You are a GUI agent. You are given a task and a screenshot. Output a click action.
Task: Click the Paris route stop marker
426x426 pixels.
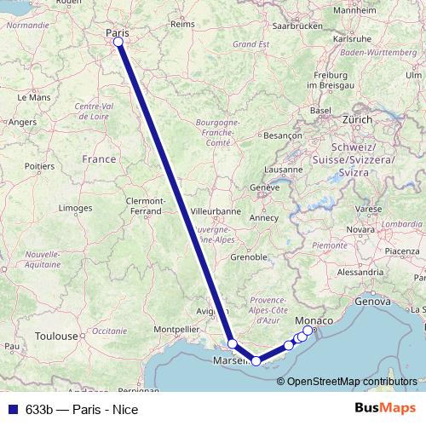[118, 42]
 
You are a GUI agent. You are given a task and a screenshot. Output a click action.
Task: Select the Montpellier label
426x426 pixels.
[176, 329]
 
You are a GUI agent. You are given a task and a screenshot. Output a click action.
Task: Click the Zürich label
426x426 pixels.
[358, 119]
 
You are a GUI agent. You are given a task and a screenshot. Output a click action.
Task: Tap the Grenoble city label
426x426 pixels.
[249, 256]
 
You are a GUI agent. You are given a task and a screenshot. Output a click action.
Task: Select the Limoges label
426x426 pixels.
[75, 208]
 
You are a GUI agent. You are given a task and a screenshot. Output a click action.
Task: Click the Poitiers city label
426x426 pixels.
[39, 165]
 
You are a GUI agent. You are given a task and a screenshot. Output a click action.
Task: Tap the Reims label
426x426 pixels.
[182, 25]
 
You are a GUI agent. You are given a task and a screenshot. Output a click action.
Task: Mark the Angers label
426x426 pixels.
[22, 122]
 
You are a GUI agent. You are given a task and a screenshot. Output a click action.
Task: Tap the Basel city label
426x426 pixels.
[320, 111]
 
